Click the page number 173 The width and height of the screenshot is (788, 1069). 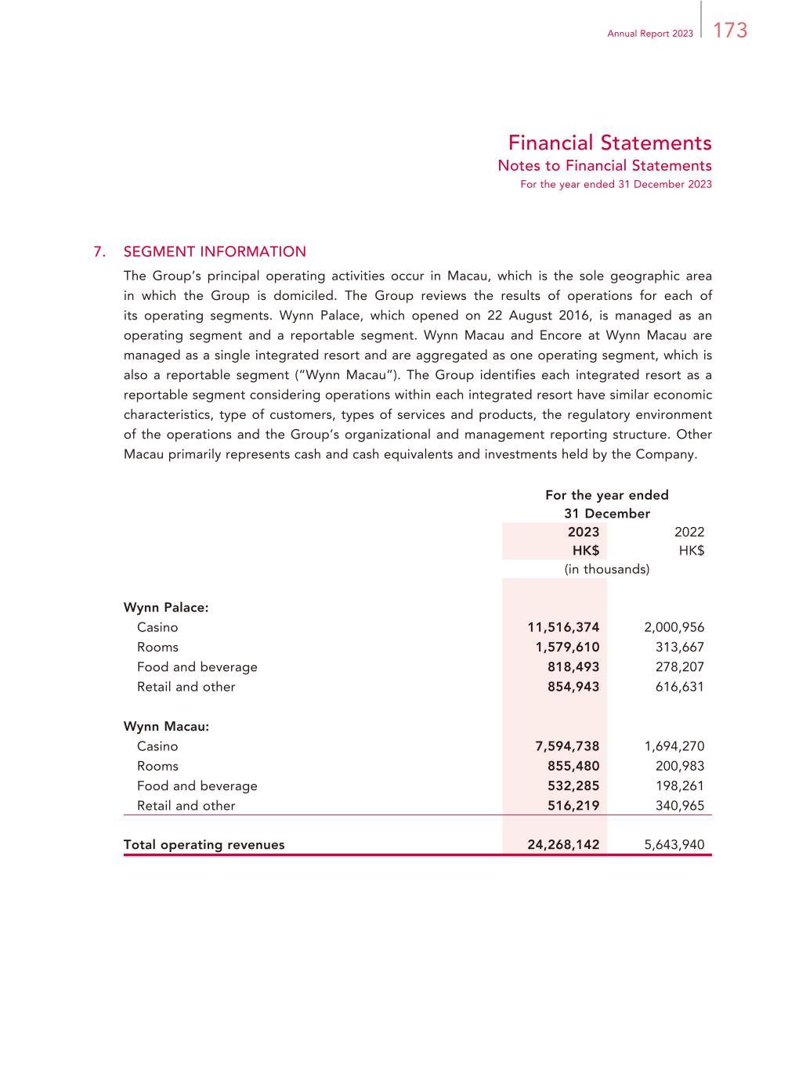point(730,31)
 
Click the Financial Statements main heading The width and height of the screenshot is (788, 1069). point(609,143)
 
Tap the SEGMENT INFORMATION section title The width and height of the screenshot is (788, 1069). point(215,251)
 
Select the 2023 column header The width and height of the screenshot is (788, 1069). point(584,532)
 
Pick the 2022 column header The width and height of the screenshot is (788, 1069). point(689,532)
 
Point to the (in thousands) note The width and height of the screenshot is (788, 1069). point(607,569)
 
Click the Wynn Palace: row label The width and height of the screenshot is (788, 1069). point(166,607)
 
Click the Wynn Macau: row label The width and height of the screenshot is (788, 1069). point(166,726)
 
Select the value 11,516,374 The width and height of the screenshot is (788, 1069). point(563,627)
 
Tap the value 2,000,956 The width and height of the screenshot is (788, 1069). point(674,627)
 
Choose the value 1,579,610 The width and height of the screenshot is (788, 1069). point(567,647)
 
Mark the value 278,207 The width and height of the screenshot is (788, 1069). point(679,667)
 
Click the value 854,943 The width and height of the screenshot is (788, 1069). point(573,687)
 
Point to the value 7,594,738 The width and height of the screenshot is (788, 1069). point(567,746)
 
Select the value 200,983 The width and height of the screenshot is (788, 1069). point(679,766)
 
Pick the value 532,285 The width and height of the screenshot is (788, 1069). point(573,785)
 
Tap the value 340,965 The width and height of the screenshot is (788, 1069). point(679,806)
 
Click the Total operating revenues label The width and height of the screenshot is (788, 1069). point(204,845)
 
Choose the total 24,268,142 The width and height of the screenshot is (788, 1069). point(563,845)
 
